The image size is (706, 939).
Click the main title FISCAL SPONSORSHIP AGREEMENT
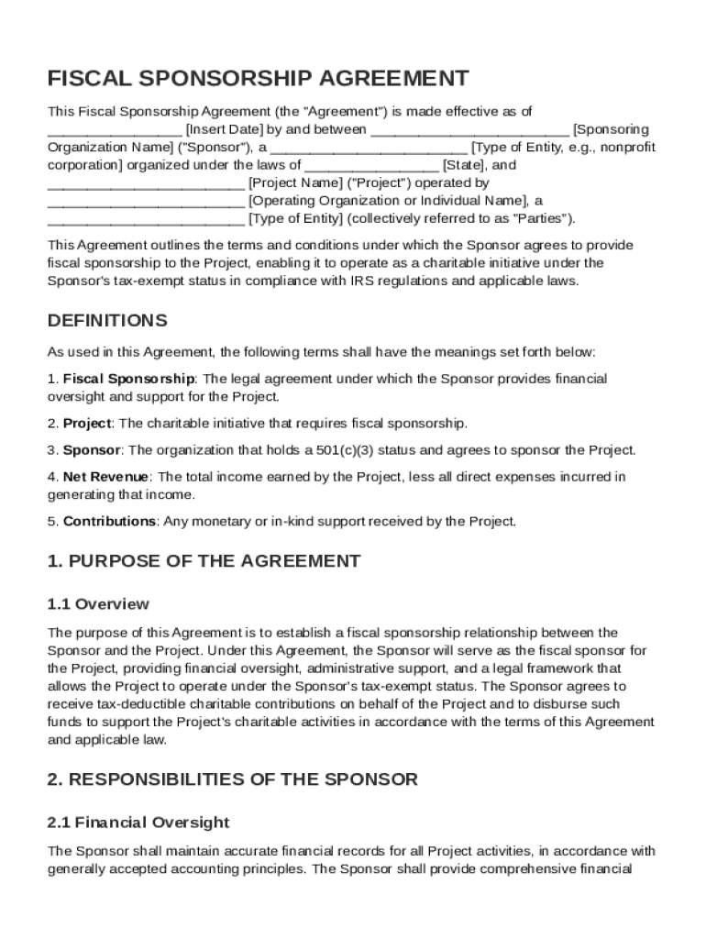pos(259,78)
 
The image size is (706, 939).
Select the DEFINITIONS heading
pos(107,321)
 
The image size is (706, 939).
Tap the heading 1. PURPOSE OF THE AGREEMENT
pos(204,561)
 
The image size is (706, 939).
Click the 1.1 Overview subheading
pos(98,604)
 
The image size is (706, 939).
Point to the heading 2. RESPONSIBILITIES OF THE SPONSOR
pos(232,779)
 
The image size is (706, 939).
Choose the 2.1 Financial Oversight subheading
pos(138,823)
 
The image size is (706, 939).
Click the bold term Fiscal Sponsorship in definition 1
pos(128,379)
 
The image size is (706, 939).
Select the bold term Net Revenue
pos(106,477)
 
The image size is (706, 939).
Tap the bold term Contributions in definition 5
pos(109,522)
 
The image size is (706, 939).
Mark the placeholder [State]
pos(467,165)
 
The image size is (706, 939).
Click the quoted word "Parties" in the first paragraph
pos(540,218)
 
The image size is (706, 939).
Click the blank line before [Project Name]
pos(146,183)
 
